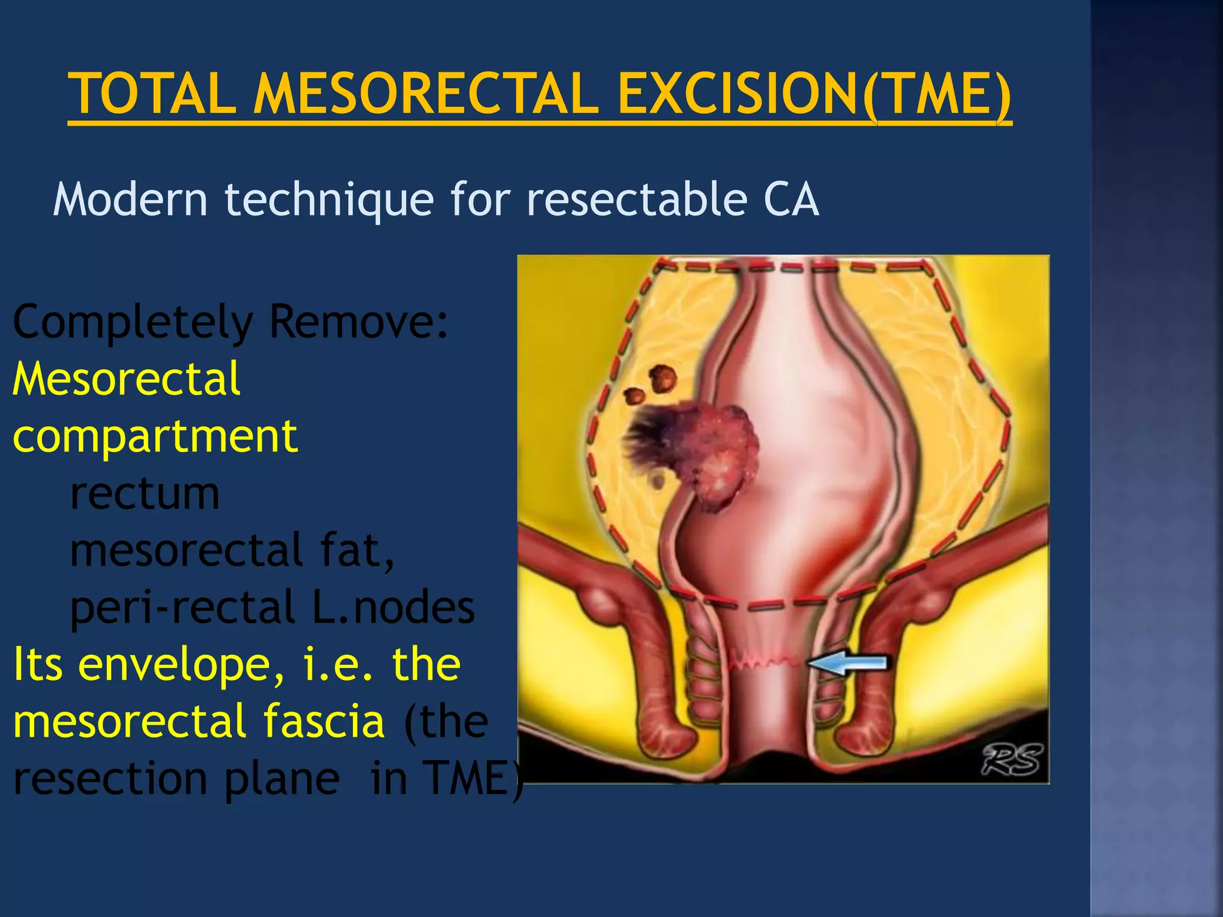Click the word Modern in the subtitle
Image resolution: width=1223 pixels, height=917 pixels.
tap(130, 199)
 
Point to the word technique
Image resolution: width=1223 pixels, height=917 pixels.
tap(329, 201)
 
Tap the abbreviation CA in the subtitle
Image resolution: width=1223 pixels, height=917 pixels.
tap(791, 199)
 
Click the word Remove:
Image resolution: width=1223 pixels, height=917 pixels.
tap(359, 322)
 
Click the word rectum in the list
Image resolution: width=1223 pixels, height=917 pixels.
tap(145, 494)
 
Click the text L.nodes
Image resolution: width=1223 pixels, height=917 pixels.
tap(394, 608)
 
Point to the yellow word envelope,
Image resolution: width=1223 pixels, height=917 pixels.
tap(182, 665)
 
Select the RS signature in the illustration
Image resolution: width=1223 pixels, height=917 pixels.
tap(1013, 760)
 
